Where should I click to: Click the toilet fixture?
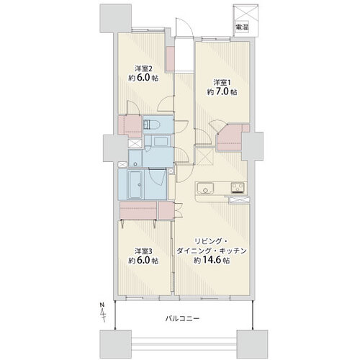coord(150,125)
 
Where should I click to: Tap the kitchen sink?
coord(205,187)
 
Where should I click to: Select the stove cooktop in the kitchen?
coord(238,187)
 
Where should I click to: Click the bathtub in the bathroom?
coord(135,184)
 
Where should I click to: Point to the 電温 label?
coord(242,27)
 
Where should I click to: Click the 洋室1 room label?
coord(222,83)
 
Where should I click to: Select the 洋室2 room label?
coord(143,69)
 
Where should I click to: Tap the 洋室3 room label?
coord(143,251)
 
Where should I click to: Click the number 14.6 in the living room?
coord(212,261)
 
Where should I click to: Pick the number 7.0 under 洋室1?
coord(222,92)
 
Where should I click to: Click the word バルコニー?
coord(182,319)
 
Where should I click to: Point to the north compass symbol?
coord(103,312)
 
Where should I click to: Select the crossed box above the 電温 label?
coord(246,14)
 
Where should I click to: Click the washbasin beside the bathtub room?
coord(135,158)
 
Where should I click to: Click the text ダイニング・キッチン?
coord(212,251)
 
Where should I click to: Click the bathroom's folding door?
coord(157,176)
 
